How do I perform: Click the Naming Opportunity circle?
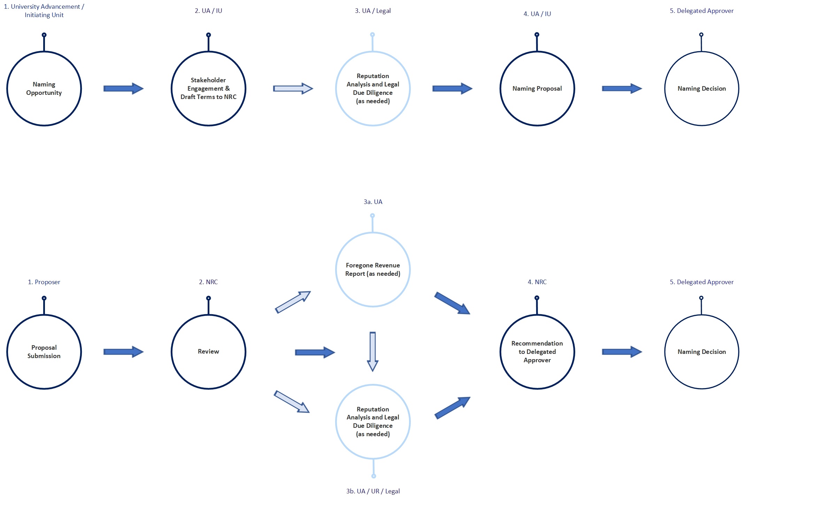[44, 89]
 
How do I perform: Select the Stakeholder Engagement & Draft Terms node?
[208, 89]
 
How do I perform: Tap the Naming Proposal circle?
[537, 89]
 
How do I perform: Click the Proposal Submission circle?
[44, 351]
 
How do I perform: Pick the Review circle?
[208, 351]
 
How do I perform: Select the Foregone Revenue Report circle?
[372, 270]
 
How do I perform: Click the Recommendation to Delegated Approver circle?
[537, 351]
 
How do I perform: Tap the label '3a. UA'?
[373, 202]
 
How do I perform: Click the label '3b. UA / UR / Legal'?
[373, 491]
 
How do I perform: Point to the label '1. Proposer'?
[44, 282]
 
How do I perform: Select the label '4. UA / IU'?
[537, 14]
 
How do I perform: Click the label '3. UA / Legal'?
[372, 11]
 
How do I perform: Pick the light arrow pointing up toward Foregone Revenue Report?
[293, 302]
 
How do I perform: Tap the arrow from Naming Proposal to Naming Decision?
[622, 89]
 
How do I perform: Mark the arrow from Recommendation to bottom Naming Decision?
[622, 351]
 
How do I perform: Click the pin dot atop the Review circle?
[208, 298]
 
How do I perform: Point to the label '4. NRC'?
[537, 282]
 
